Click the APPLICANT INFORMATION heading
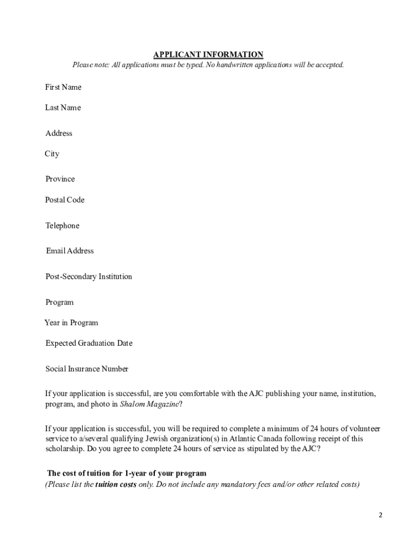pos(208,55)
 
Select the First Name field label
pos(63,87)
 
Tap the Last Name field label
pos(63,108)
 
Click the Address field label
pos(58,133)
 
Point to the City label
pos(52,154)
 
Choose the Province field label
pos(60,179)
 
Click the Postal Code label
pos(64,200)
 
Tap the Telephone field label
pos(62,226)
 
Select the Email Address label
pos(70,251)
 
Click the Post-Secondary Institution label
pos(89,276)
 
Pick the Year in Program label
pos(71,323)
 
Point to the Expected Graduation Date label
pos(89,343)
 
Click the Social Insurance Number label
pos(87,369)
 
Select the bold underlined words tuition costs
pos(116,485)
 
